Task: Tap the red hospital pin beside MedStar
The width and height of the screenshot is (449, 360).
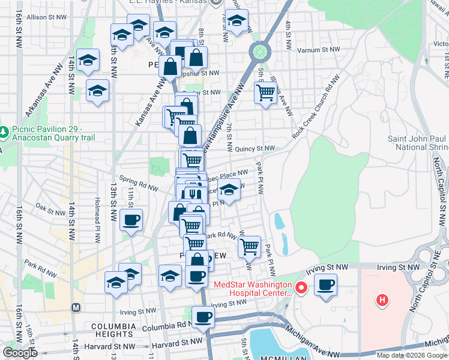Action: pos(303,289)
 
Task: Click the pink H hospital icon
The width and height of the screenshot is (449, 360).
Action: pos(381,299)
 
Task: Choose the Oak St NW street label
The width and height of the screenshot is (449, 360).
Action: pos(50,211)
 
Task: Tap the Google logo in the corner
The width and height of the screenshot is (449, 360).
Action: pos(20,352)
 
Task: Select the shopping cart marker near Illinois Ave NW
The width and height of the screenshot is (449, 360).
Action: pos(265,92)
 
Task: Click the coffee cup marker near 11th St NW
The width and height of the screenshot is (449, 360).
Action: pos(131,219)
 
